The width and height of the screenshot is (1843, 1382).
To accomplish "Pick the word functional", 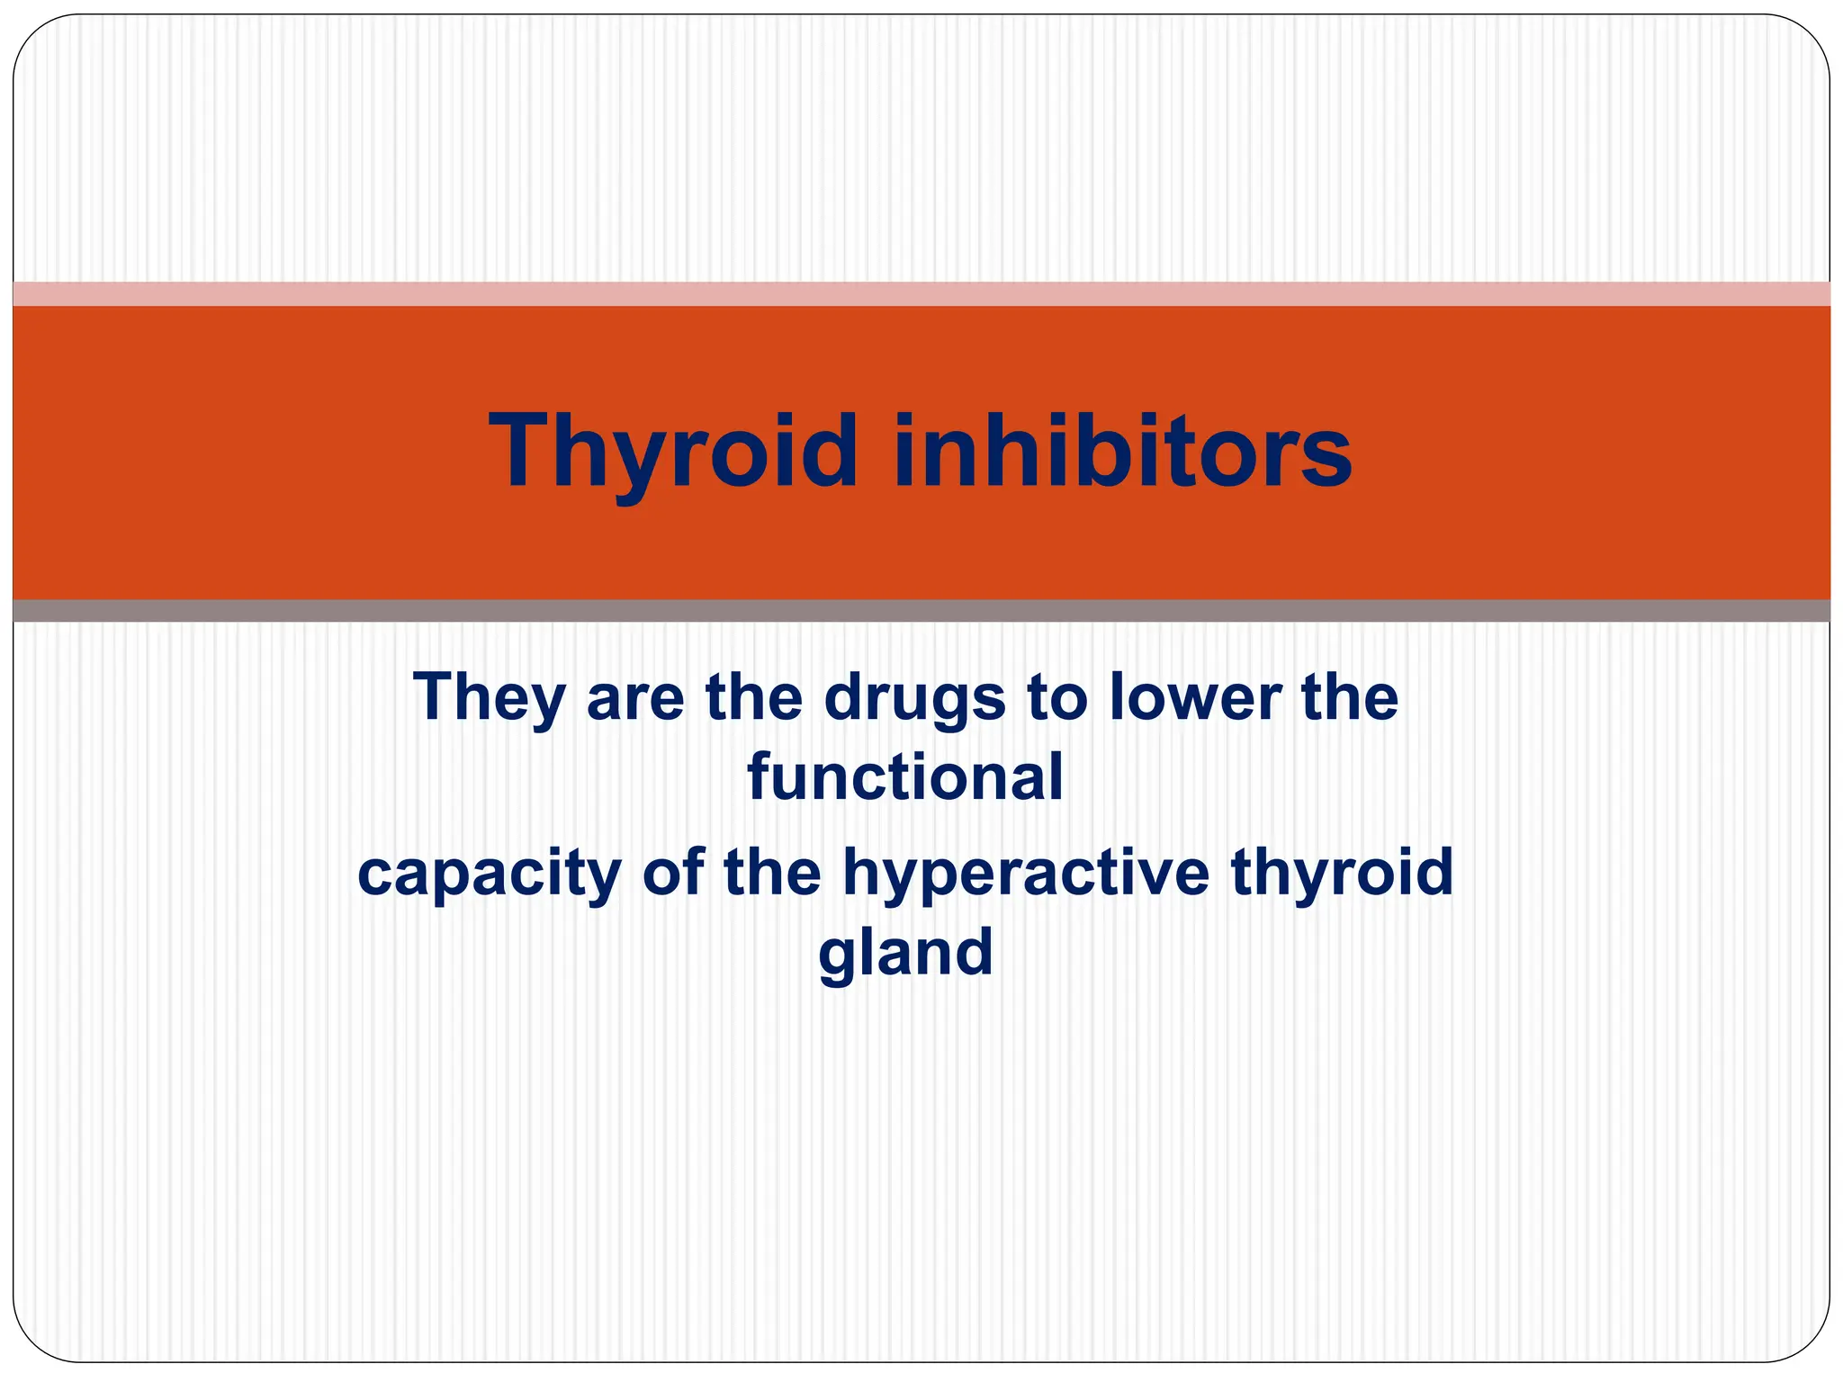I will (905, 777).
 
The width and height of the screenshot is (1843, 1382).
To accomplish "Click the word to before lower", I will (1056, 699).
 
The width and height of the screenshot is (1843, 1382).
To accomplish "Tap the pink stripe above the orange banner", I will (921, 293).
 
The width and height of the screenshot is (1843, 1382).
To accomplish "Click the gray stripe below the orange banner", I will (921, 611).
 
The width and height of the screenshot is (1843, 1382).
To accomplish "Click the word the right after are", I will (753, 697).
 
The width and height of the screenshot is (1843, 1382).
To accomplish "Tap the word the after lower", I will (1350, 697).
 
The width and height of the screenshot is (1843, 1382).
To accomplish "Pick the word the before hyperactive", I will (771, 872).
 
